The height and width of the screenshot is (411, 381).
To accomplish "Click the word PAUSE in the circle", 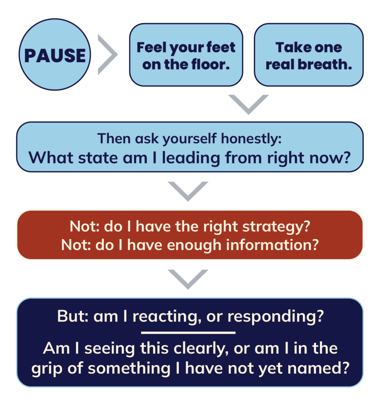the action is [x=55, y=55].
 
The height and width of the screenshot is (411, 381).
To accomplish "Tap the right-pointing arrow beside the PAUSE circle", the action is [x=107, y=55].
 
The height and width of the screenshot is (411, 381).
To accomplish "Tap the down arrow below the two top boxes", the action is [x=249, y=104].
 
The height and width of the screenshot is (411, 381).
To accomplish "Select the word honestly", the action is [x=251, y=138].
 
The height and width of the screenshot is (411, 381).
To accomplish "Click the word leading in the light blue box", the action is [x=191, y=158].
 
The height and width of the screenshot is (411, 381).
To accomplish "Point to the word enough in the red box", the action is [x=194, y=245].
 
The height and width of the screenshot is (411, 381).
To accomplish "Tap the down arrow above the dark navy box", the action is [x=188, y=279].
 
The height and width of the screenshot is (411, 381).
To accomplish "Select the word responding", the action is [x=276, y=317].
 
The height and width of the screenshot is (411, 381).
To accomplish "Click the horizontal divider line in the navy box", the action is [x=188, y=333].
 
